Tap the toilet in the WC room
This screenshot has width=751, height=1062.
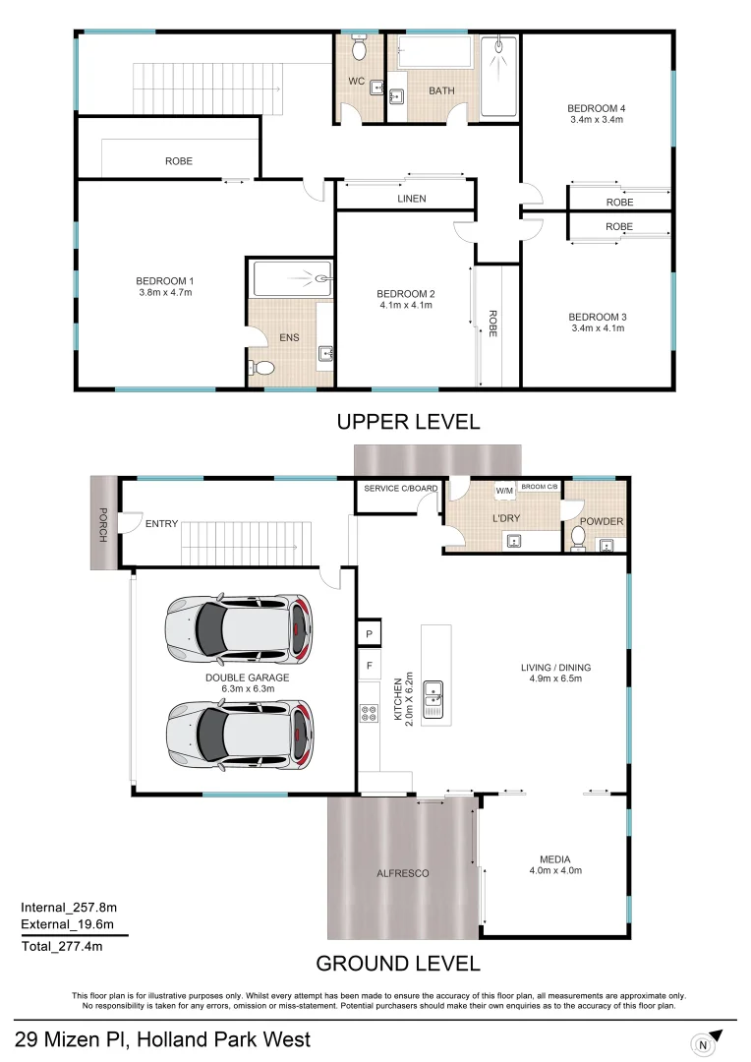(x=360, y=48)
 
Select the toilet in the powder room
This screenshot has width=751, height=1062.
(x=579, y=539)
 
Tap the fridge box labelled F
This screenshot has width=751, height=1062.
(x=370, y=665)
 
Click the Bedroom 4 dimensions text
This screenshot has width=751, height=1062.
(x=596, y=120)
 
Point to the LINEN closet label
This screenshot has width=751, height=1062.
(x=411, y=199)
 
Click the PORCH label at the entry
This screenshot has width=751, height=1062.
(x=102, y=522)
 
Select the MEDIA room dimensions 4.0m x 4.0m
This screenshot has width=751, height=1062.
(x=555, y=870)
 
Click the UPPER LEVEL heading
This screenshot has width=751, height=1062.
(x=408, y=422)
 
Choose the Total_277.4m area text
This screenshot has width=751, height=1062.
(x=62, y=947)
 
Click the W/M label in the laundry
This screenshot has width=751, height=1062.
(x=504, y=490)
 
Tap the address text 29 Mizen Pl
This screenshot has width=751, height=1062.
(x=162, y=1039)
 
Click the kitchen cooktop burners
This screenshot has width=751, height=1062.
(x=370, y=715)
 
